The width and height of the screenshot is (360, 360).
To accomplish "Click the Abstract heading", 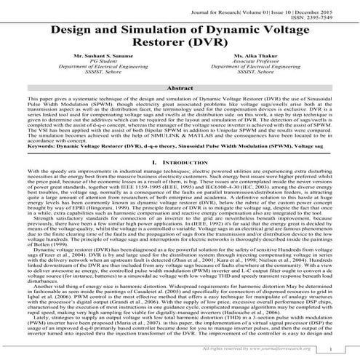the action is click(x=180, y=107).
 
